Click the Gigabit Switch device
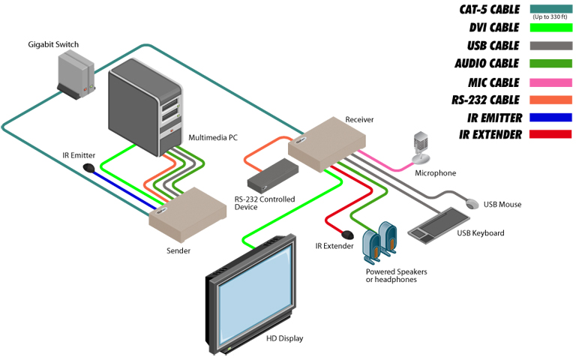pyautogui.click(x=76, y=75)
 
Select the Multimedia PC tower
pyautogui.click(x=145, y=107)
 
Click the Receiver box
pyautogui.click(x=326, y=144)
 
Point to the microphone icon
pyautogui.click(x=421, y=148)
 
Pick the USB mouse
pyautogui.click(x=472, y=203)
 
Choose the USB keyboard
pyautogui.click(x=439, y=226)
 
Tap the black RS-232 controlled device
pyautogui.click(x=272, y=175)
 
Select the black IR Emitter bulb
pyautogui.click(x=89, y=168)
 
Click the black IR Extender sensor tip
pyautogui.click(x=347, y=234)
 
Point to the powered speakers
pyautogui.click(x=379, y=242)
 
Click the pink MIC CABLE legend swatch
pyautogui.click(x=550, y=82)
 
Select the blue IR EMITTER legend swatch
pyautogui.click(x=550, y=117)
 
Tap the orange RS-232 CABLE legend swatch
pyautogui.click(x=550, y=100)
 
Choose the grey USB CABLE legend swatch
pyautogui.click(x=550, y=46)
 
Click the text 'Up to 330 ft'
pyautogui.click(x=550, y=17)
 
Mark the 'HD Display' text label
pyautogui.click(x=285, y=338)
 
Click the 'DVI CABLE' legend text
pyautogui.click(x=494, y=28)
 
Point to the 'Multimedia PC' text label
pyautogui.click(x=213, y=137)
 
